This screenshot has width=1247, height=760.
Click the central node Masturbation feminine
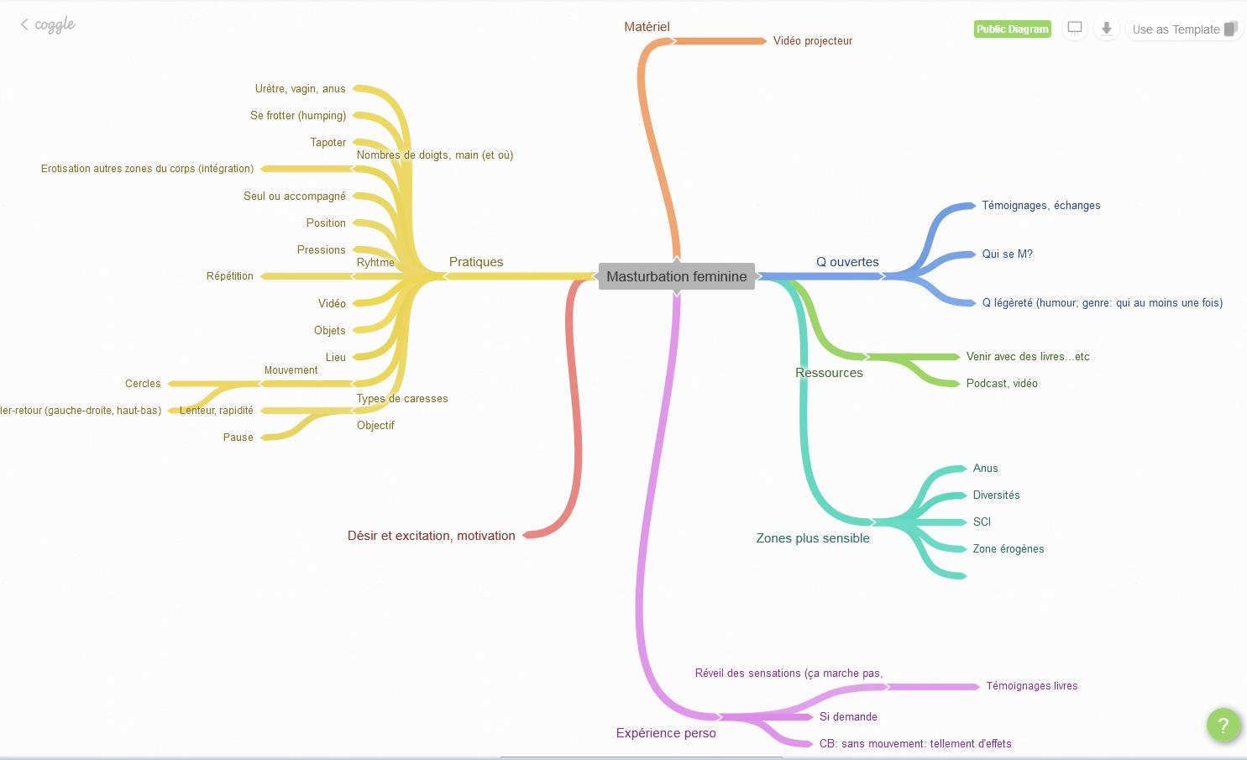[676, 276]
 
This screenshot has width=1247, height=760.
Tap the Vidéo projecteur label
[812, 41]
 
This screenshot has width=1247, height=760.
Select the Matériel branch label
[647, 27]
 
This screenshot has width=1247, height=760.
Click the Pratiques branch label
[476, 262]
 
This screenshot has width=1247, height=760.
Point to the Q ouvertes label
[847, 262]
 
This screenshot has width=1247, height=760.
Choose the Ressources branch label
[829, 373]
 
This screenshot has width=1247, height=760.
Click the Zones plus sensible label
[812, 538]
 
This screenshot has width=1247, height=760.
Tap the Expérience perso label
[666, 733]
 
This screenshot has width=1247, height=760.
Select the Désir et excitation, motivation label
[431, 536]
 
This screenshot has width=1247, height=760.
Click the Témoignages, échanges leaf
[1040, 206]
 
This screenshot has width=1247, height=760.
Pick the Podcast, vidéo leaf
[1001, 384]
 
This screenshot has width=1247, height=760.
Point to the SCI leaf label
[982, 522]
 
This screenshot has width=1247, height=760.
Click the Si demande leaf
[848, 717]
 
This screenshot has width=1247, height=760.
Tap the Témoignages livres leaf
[1031, 686]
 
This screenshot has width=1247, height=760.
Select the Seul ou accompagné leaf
[294, 197]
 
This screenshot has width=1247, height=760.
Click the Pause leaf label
[238, 438]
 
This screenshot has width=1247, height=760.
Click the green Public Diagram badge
[1012, 29]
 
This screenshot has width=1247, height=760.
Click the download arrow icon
[1106, 29]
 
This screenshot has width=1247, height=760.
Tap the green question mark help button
[1223, 726]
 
